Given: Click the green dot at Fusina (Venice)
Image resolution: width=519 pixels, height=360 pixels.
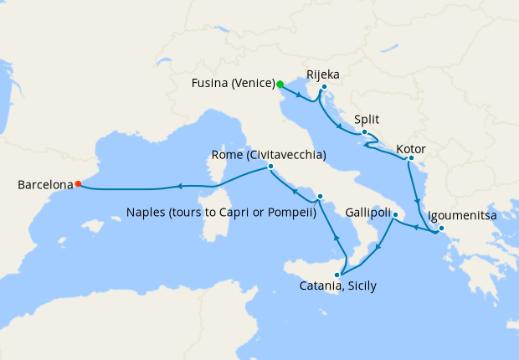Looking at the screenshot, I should [x=280, y=84].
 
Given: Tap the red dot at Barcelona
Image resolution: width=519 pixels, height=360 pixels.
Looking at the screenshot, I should [x=78, y=184].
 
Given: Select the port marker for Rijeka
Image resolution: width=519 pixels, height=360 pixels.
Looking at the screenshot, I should [x=324, y=87].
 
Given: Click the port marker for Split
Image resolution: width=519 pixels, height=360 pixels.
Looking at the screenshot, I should [x=364, y=133].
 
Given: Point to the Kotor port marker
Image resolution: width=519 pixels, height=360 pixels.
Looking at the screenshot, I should [x=411, y=157].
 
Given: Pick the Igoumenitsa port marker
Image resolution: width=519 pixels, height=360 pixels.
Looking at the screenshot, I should [x=441, y=229].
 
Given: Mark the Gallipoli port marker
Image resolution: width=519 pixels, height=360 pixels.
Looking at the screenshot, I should [x=394, y=215].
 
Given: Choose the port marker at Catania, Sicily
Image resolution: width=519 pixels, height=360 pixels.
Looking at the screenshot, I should [x=339, y=275].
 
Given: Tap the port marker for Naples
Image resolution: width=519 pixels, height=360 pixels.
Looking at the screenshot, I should [x=319, y=197].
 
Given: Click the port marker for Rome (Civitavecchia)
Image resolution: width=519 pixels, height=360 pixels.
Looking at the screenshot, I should [x=270, y=167].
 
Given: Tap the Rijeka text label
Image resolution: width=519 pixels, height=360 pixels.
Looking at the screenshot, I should [x=323, y=72].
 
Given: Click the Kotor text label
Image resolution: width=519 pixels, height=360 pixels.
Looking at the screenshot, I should [x=411, y=149].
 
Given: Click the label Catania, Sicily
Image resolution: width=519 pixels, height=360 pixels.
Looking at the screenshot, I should [x=337, y=286].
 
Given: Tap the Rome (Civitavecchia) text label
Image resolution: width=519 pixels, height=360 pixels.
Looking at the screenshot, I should [x=268, y=155].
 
